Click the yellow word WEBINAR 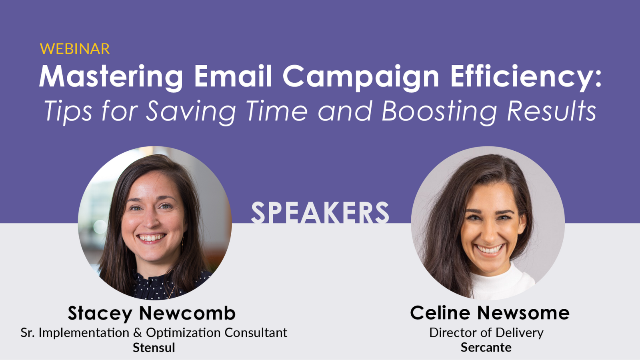point(75,49)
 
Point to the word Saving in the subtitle point(191,112)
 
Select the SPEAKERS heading point(320,212)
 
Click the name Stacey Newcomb point(152,314)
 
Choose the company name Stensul point(154,348)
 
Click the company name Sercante point(486,348)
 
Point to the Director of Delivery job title point(486,333)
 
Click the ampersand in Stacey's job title point(138,333)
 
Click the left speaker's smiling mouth point(151,238)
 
